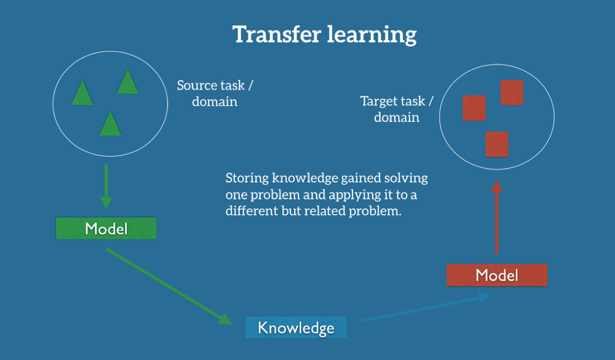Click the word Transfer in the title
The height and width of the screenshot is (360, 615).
[x=277, y=34]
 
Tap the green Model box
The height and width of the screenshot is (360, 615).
[x=106, y=228]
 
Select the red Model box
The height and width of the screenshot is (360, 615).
[x=497, y=275]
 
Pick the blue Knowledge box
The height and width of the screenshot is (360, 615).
[x=296, y=328]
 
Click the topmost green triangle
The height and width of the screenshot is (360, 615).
[x=127, y=82]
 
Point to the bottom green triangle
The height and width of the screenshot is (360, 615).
[x=110, y=124]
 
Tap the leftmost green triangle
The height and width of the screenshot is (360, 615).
[x=82, y=93]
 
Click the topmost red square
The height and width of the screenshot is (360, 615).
[x=512, y=93]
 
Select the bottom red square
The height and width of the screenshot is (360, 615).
[x=497, y=144]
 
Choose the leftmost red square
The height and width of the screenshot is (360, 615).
[x=474, y=108]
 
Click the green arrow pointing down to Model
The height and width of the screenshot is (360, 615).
[x=106, y=187]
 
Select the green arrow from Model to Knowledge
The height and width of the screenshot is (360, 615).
[x=169, y=286]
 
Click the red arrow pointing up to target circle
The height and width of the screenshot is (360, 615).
[x=497, y=217]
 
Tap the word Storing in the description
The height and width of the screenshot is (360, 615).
[x=247, y=179]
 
